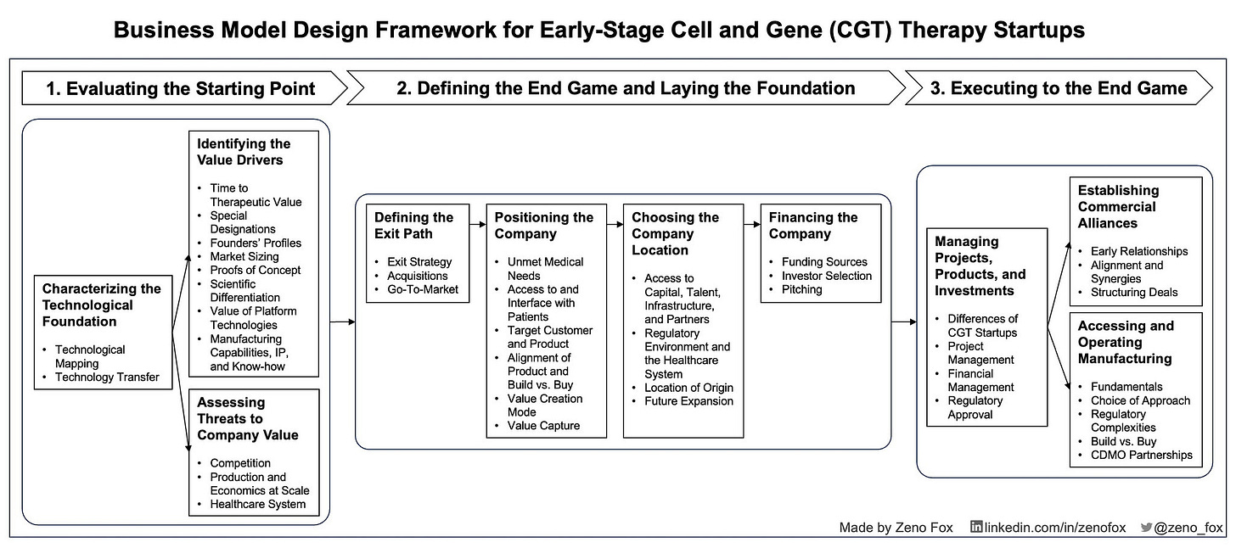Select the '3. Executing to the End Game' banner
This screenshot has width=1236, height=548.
point(1059,88)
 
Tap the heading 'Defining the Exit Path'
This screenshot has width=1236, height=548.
point(414,226)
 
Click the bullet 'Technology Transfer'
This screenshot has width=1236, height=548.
point(107,377)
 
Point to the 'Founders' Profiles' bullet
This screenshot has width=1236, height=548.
point(256,243)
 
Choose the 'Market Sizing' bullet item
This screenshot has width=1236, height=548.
point(244,257)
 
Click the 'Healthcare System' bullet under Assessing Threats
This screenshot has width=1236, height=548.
point(258,505)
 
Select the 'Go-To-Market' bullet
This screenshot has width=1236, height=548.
point(423,289)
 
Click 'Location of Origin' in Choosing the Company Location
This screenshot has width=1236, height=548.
point(688,388)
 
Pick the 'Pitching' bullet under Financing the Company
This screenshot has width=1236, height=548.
point(801,289)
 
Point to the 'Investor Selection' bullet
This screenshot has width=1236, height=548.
point(827,276)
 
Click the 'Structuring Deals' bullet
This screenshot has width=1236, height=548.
point(1134,292)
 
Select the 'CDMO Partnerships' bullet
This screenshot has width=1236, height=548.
point(1141,455)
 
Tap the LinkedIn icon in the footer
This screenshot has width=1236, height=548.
point(976,527)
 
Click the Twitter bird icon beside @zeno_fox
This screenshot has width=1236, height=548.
point(1146,527)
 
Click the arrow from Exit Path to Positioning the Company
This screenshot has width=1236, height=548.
point(478,225)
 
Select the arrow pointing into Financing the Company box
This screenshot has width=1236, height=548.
point(752,225)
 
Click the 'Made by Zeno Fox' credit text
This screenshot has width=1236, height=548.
point(896,528)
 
